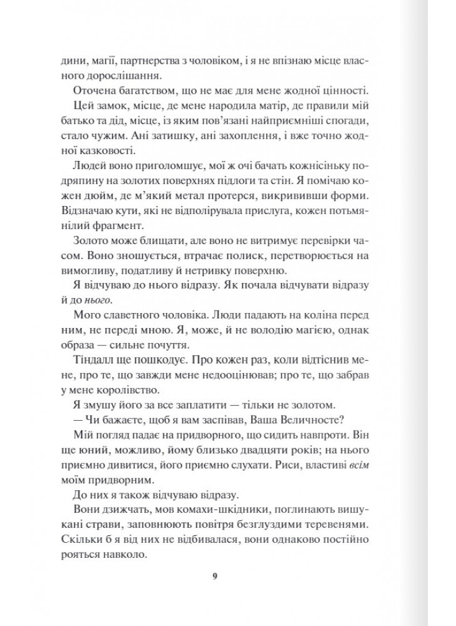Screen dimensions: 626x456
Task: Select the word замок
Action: click(115, 108)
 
